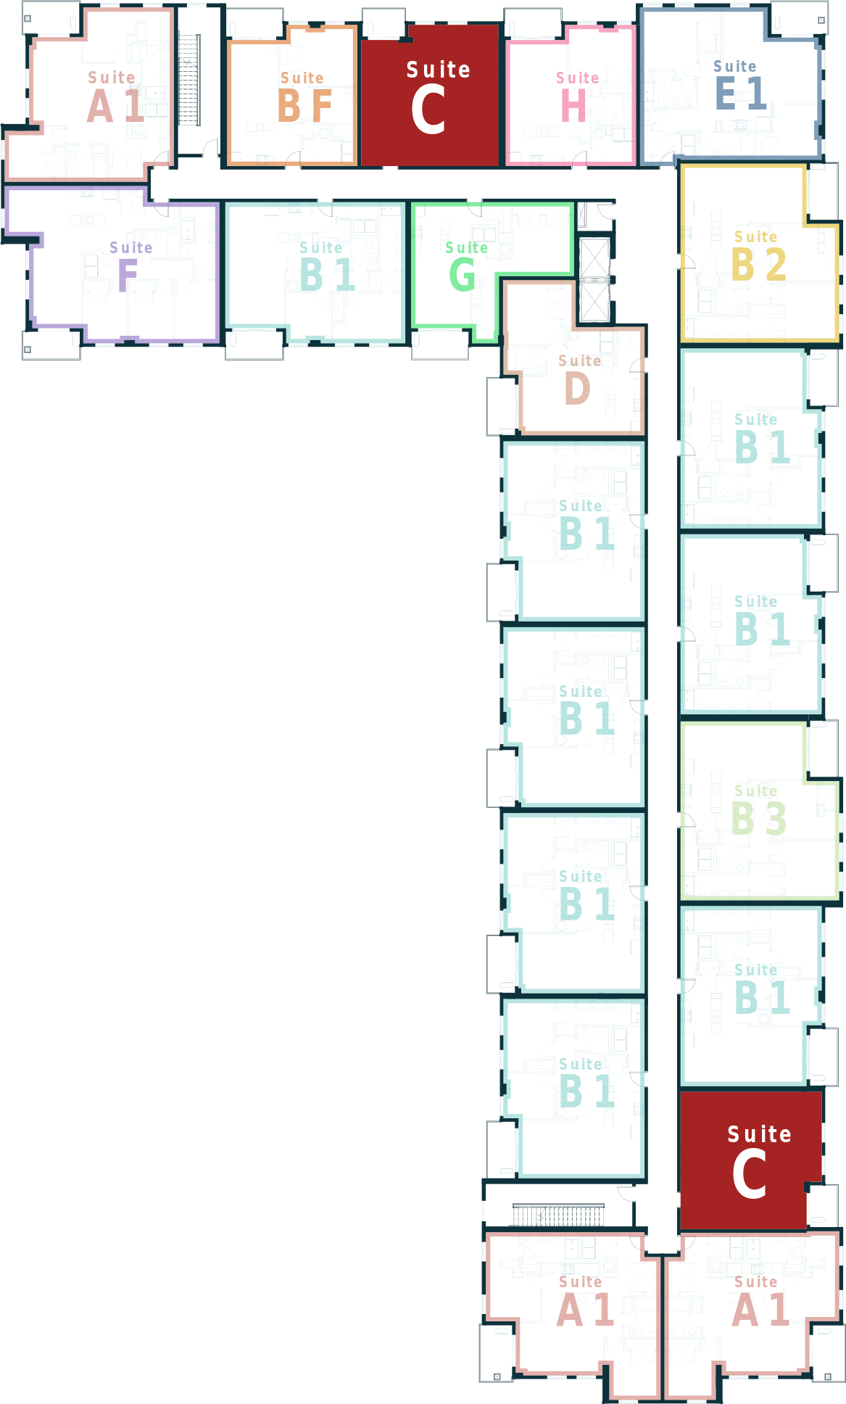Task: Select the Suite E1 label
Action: (x=739, y=85)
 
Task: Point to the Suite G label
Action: (x=466, y=266)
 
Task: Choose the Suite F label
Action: (x=130, y=266)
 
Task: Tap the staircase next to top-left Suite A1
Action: (x=188, y=79)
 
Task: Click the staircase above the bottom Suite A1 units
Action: (x=557, y=1214)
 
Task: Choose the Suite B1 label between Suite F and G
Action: (x=326, y=266)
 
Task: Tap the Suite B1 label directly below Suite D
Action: (x=586, y=524)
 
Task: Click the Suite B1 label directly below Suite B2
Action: (x=761, y=438)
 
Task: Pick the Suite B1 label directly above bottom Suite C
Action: (x=761, y=988)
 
